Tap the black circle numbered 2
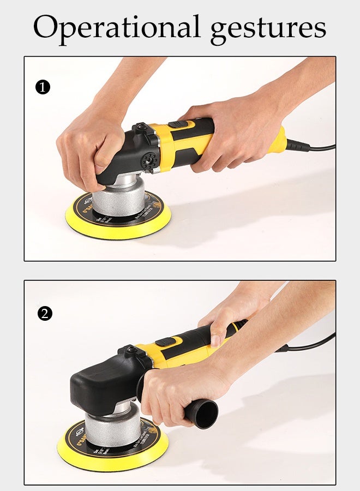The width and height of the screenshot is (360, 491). [x=45, y=313]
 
